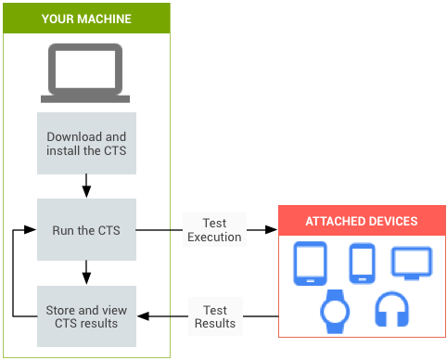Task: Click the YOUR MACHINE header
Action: click(x=85, y=19)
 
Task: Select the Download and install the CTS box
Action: click(x=86, y=144)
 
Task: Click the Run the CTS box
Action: click(x=86, y=229)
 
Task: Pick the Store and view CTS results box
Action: click(x=86, y=315)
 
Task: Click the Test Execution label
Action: click(x=213, y=229)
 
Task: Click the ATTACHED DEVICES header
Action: click(x=362, y=222)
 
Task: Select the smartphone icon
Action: click(x=361, y=264)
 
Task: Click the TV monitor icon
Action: click(x=412, y=263)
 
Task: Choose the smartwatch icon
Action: click(x=334, y=312)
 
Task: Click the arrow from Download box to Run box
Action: click(x=86, y=186)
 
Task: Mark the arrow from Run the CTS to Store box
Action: click(x=86, y=272)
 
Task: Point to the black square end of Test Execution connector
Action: click(x=273, y=229)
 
